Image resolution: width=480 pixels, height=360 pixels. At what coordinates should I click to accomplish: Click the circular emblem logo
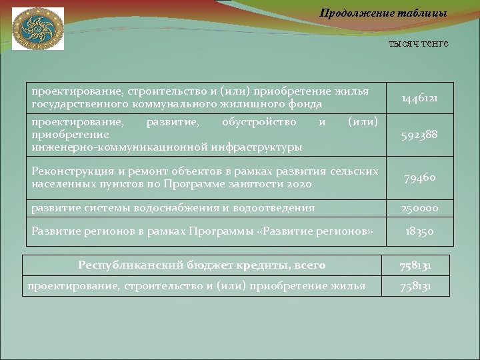[37, 28]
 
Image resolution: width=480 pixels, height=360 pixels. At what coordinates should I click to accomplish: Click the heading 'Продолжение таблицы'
[383, 13]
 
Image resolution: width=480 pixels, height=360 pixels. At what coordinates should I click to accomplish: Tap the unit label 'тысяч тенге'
[418, 43]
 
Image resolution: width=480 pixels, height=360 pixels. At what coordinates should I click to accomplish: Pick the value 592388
[419, 136]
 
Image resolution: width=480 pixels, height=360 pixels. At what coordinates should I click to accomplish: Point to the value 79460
[419, 178]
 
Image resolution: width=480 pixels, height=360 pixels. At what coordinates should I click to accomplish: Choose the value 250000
[419, 208]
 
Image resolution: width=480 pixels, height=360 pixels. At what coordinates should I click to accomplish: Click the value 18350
[419, 231]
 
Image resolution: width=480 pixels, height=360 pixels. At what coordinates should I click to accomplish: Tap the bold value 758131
[415, 265]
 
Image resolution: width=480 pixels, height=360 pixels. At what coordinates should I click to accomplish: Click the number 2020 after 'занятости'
[299, 184]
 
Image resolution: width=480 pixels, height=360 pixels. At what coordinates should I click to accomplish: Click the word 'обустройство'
[259, 122]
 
